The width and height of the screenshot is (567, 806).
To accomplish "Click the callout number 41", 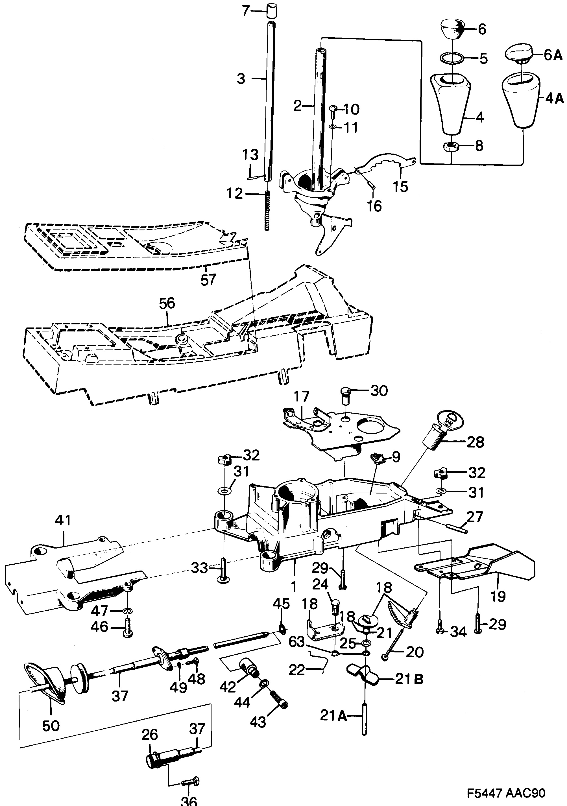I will (63, 520).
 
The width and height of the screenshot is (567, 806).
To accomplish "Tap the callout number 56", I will (167, 303).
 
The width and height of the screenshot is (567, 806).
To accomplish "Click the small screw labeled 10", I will (333, 111).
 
